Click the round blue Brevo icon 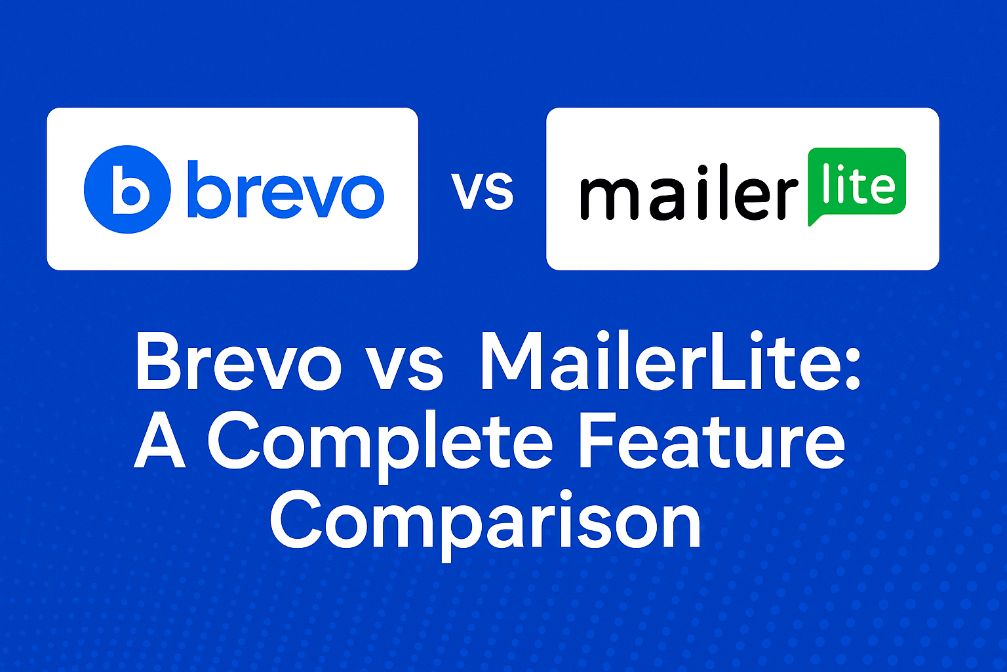click(x=127, y=189)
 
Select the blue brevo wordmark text click(x=285, y=190)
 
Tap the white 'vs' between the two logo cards click(x=483, y=191)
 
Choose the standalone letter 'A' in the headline click(x=160, y=442)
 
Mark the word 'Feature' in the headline click(x=712, y=442)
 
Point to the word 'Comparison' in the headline click(x=485, y=523)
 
